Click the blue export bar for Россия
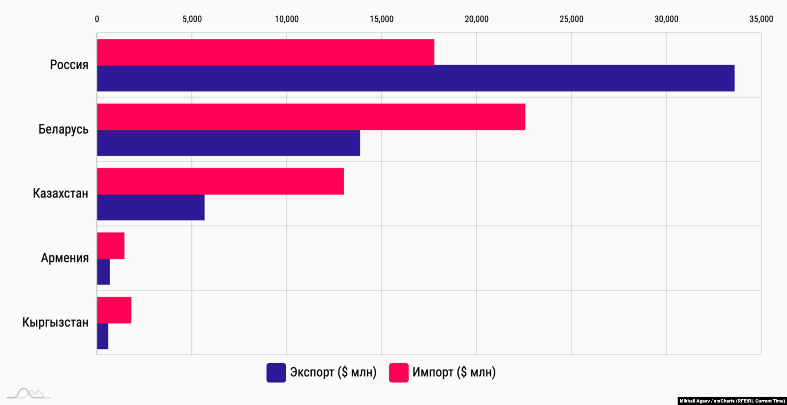tap(416, 78)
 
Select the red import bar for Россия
tap(266, 52)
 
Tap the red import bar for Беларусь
tap(311, 117)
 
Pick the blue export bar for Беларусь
tap(228, 143)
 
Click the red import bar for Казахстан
tap(220, 181)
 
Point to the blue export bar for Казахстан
tap(151, 207)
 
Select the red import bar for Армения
tap(111, 246)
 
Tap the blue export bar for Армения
tap(103, 272)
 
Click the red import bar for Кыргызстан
tap(114, 310)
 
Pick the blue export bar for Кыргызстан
tap(102, 336)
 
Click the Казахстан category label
tap(61, 194)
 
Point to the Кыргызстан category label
tap(55, 322)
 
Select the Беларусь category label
tap(63, 129)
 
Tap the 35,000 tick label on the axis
tap(761, 19)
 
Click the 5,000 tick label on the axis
tap(192, 19)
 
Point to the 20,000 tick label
tap(476, 19)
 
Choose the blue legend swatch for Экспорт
tap(276, 373)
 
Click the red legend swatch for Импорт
tap(398, 373)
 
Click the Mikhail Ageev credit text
tap(732, 401)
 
